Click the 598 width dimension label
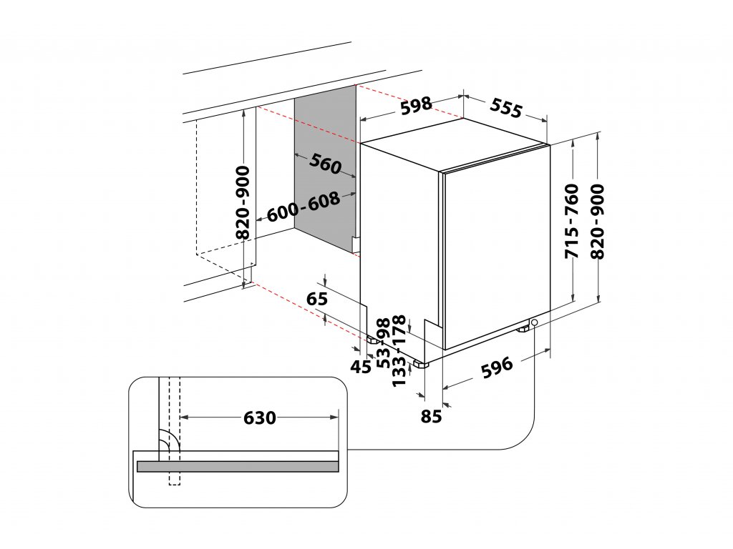point(416,106)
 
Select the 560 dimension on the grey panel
point(326,165)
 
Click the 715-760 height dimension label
point(571,222)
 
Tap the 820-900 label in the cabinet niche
point(243,202)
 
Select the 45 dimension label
point(362,367)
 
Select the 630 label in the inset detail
point(259,417)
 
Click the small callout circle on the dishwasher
point(535,325)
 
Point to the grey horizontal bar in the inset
point(237,466)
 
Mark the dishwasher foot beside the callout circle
point(524,329)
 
